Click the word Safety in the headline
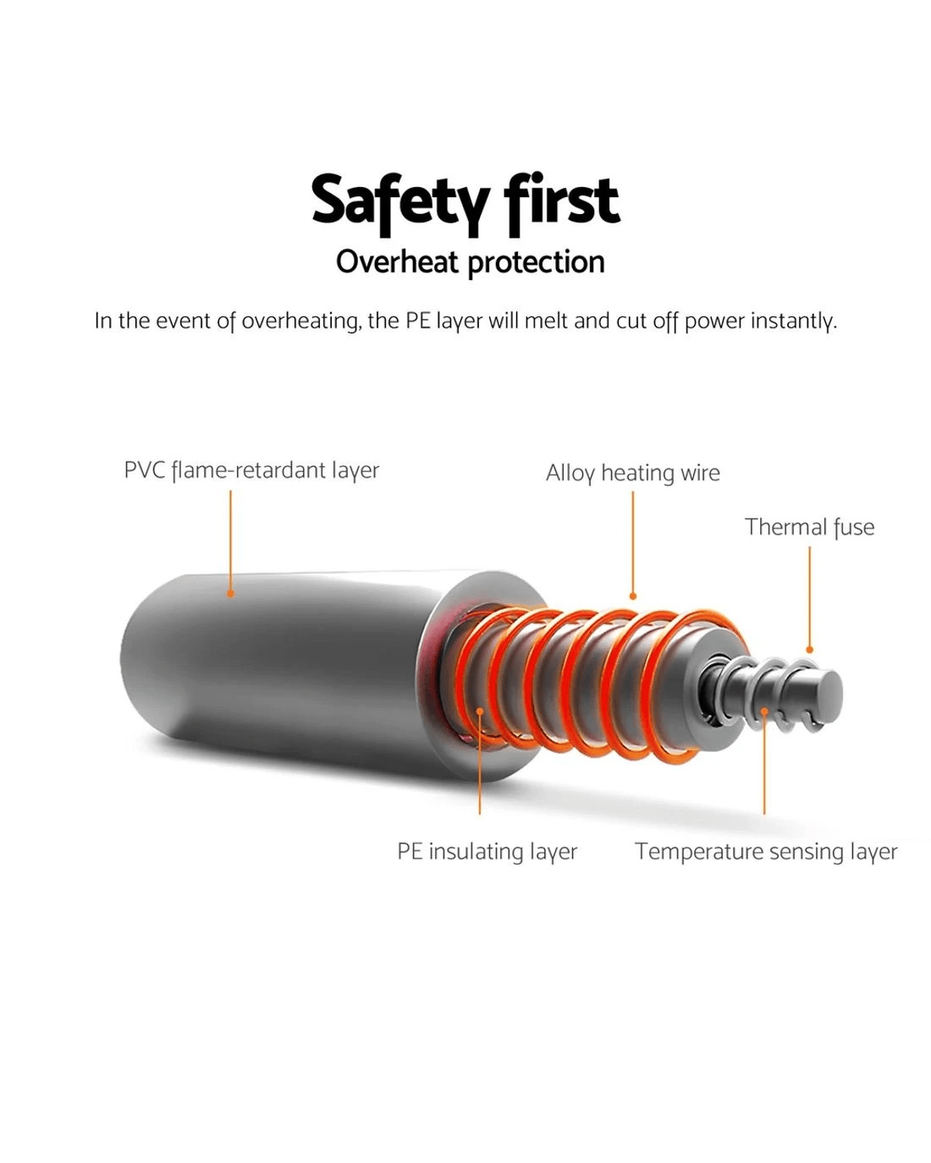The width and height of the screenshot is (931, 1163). click(401, 204)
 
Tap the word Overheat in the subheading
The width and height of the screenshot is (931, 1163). click(397, 262)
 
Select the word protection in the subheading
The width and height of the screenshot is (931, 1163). click(536, 264)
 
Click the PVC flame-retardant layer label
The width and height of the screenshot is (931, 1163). click(251, 471)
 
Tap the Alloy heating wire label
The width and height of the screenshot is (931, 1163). click(633, 474)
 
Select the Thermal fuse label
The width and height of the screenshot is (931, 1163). click(810, 528)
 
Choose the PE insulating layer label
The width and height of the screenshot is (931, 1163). click(488, 852)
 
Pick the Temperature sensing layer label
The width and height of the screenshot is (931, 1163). click(767, 852)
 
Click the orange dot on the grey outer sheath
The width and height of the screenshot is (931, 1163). click(230, 594)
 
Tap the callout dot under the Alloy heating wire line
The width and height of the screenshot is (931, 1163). click(633, 596)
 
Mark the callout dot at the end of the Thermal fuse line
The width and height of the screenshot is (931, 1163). click(810, 650)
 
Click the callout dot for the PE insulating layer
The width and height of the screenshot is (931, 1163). click(480, 711)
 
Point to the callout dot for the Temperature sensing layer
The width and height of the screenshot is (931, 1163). click(764, 711)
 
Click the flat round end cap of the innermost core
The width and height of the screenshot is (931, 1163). click(829, 694)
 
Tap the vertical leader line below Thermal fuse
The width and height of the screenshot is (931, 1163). click(810, 596)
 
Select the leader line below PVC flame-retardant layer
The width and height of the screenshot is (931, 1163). click(230, 540)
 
